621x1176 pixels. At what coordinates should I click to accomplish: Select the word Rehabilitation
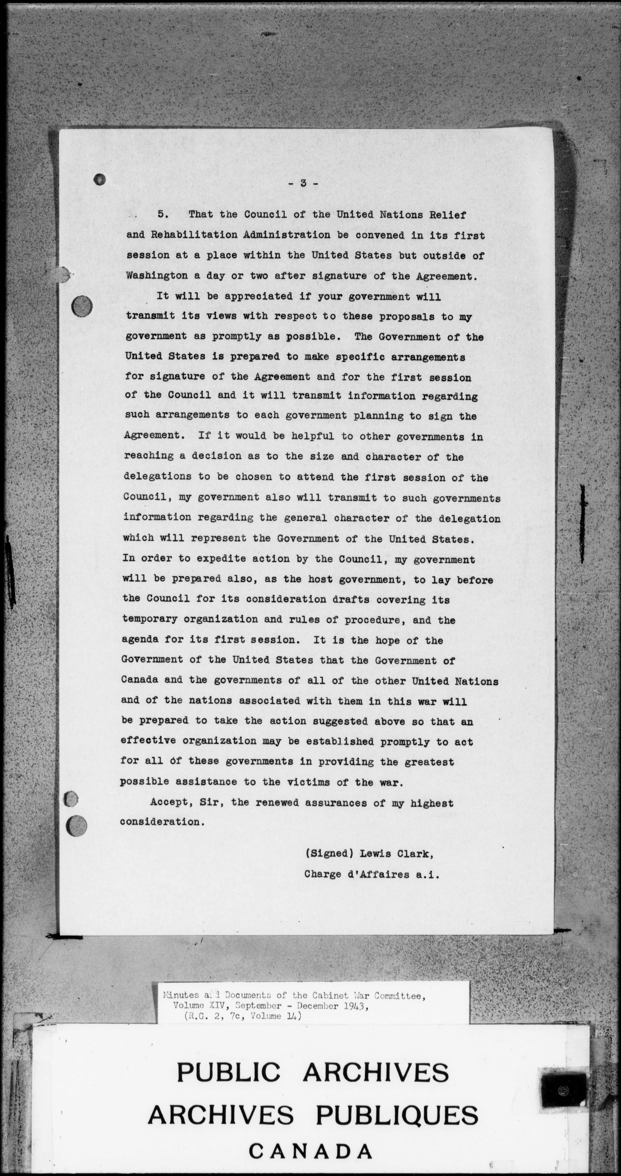click(194, 235)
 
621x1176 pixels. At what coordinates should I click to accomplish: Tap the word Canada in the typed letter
click(140, 680)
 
